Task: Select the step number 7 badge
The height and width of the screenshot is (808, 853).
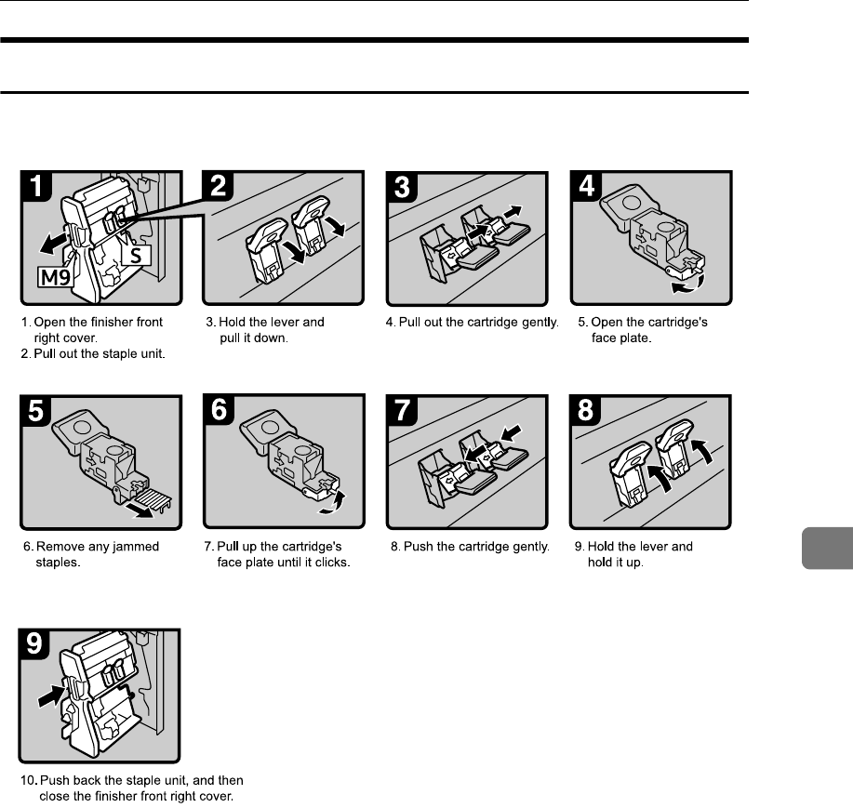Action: pyautogui.click(x=404, y=414)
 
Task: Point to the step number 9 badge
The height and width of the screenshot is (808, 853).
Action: pyautogui.click(x=36, y=645)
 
